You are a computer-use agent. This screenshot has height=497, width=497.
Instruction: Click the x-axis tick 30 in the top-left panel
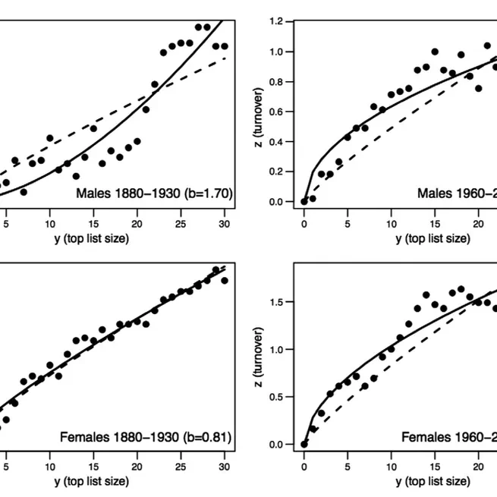[225, 224]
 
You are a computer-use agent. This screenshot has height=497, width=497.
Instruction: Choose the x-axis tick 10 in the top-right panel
[391, 224]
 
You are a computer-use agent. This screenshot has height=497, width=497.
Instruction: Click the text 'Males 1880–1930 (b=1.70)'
[154, 193]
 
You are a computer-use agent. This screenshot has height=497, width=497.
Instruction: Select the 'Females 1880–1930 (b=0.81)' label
[145, 436]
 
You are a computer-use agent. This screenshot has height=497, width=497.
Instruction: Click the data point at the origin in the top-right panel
[304, 202]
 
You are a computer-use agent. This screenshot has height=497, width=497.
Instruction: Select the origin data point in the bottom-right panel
[304, 444]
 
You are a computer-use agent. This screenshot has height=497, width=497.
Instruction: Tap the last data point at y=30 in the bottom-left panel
[225, 280]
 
